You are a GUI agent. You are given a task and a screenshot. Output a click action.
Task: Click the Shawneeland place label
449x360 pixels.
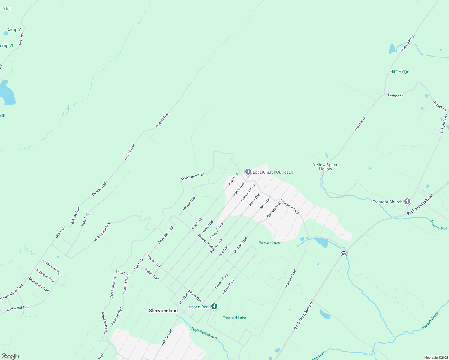163,310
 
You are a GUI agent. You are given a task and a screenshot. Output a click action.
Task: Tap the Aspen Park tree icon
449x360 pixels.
214,307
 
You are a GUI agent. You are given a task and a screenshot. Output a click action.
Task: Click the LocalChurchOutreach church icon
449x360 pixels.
248,172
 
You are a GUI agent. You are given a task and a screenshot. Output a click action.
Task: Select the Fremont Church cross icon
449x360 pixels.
407,202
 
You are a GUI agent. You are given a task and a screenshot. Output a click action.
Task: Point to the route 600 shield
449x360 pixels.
344,254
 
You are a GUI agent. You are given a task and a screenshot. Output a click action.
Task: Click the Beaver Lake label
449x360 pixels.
269,243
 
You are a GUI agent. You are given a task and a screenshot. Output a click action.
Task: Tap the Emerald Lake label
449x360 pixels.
234,318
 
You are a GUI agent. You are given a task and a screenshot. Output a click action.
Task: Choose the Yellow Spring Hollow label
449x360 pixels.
326,167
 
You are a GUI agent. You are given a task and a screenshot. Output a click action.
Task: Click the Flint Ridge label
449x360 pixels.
399,71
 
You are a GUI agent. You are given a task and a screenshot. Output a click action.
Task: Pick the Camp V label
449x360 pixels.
14,29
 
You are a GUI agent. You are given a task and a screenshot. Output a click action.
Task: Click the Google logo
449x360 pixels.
10,356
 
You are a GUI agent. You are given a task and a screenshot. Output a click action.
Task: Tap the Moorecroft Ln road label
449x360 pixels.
408,43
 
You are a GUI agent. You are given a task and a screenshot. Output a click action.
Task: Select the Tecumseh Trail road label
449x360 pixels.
290,206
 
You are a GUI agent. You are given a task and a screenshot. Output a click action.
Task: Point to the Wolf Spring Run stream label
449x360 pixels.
204,333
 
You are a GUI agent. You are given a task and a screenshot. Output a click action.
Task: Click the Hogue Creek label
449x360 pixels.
431,320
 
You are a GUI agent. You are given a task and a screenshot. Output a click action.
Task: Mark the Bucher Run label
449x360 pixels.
439,226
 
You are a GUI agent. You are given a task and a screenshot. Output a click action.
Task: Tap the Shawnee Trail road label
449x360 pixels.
291,279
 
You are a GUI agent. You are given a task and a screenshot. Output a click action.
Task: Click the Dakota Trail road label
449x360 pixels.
167,337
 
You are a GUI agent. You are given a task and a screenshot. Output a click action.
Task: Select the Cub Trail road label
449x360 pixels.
60,232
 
